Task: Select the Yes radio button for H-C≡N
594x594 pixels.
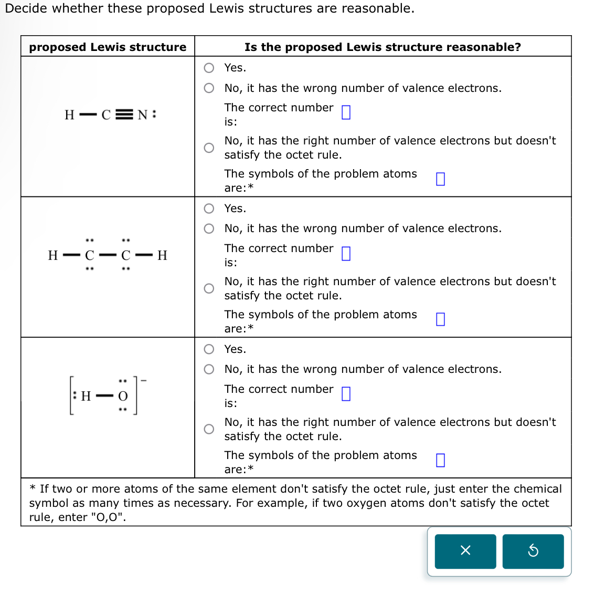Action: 209,68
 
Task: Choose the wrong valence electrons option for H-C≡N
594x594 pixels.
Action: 209,88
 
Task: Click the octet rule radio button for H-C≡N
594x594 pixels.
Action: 209,148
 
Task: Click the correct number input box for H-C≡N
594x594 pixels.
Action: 346,112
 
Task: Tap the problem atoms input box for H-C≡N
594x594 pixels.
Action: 440,179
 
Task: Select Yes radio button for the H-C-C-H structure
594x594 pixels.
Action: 209,209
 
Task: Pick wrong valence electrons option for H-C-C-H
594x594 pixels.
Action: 209,228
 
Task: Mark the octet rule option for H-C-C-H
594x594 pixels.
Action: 209,288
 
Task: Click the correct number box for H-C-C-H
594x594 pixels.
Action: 346,254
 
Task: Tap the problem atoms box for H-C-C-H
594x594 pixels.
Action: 440,319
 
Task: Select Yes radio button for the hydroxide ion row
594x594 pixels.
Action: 209,349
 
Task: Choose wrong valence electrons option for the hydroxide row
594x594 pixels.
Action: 209,369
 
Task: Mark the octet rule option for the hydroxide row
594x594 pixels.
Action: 209,429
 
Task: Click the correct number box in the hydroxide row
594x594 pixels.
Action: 346,394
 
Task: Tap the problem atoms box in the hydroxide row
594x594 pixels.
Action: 440,460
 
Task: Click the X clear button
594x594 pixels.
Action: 465,551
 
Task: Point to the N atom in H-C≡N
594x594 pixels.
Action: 142,115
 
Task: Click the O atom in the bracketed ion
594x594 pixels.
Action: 123,396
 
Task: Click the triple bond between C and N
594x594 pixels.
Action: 124,115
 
